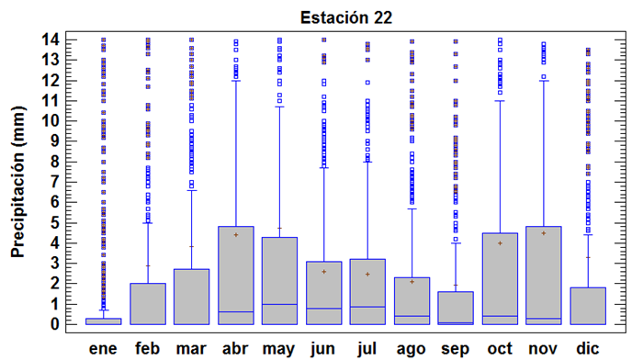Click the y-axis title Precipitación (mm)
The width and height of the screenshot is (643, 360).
coord(17,181)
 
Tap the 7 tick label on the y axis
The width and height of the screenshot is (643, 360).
coord(54,182)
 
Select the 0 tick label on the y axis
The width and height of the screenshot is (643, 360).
coord(54,324)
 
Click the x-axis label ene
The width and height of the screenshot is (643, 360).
coord(103,348)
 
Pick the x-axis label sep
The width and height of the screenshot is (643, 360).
coord(456,348)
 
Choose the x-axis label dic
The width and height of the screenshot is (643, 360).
coord(588,348)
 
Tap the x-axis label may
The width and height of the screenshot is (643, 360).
coord(279,348)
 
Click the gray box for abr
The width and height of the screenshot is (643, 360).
coord(235,276)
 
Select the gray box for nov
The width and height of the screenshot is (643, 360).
coord(544,276)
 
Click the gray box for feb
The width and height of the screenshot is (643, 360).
coord(147,304)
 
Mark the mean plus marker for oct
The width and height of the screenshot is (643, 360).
coord(500,243)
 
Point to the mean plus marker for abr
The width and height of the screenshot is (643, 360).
coord(235,235)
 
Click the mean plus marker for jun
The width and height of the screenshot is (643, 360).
coord(323,272)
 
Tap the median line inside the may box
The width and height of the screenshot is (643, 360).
coord(279,304)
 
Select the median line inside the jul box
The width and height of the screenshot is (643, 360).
coord(367,307)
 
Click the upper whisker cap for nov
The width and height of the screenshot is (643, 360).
coord(544,81)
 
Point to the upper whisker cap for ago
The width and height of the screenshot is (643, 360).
coord(412,208)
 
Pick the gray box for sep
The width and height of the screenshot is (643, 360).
coord(456,308)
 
